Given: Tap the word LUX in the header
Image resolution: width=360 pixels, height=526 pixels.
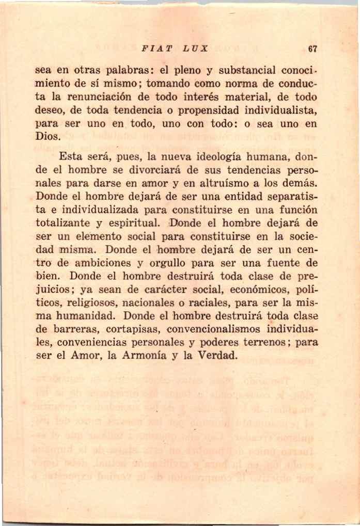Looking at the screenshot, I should (194, 50).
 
